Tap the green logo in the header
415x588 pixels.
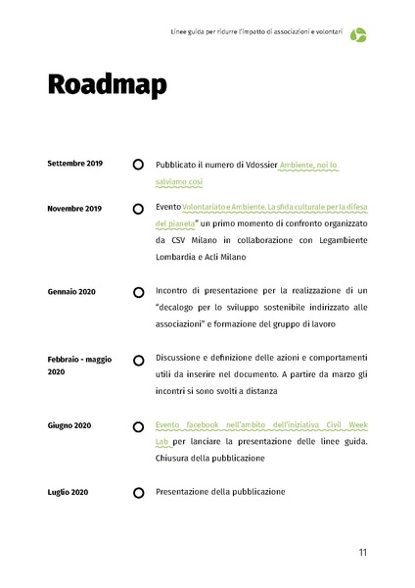359,35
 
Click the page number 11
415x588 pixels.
362,553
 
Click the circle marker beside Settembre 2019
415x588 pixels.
138,164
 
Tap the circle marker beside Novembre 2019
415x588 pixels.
138,209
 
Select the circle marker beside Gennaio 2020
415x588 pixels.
138,291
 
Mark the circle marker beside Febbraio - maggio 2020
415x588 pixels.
138,360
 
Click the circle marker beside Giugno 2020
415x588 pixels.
138,425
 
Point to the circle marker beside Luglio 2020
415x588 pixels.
138,491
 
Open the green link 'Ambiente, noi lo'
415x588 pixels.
308,166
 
